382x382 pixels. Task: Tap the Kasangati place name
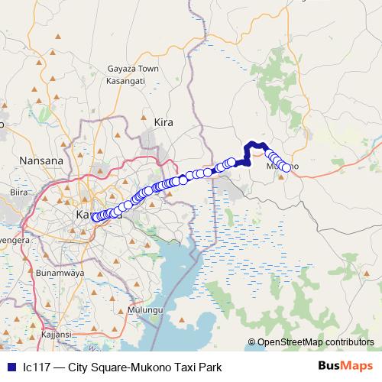point(131,80)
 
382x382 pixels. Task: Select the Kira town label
point(164,121)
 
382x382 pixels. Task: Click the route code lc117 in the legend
point(37,366)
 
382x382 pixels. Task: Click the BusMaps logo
point(345,366)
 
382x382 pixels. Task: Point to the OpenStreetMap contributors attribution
point(316,342)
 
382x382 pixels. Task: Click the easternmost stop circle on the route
point(286,167)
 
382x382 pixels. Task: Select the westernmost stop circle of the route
point(95,218)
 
